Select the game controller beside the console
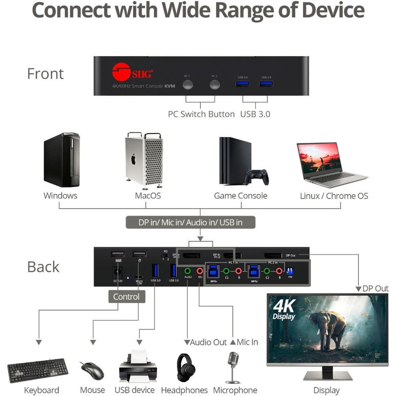click(x=257, y=176)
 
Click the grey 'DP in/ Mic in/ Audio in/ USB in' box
click(x=190, y=223)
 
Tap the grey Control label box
click(x=126, y=297)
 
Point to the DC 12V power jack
click(x=118, y=273)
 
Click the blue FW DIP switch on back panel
click(x=290, y=271)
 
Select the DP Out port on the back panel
click(x=273, y=256)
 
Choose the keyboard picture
click(x=38, y=370)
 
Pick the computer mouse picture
click(x=92, y=371)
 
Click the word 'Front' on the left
click(x=45, y=74)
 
